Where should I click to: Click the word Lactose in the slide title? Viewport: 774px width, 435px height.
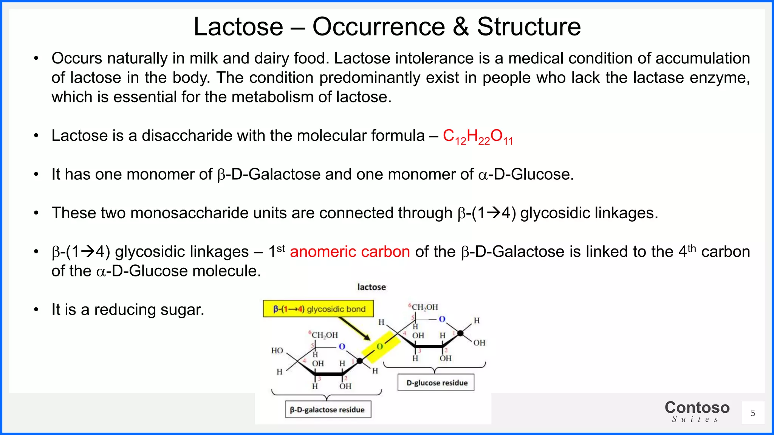(x=238, y=27)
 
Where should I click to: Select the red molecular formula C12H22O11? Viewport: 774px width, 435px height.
(x=478, y=136)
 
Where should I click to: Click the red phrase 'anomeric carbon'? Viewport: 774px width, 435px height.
(x=350, y=251)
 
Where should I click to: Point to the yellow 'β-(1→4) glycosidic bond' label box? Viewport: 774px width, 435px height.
(x=318, y=309)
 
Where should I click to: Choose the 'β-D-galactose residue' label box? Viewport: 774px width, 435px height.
(x=327, y=410)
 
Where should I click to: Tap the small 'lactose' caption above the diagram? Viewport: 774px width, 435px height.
(x=372, y=287)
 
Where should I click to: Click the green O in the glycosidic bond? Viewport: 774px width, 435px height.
(x=380, y=346)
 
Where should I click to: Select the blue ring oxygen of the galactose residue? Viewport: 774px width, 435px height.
(x=342, y=346)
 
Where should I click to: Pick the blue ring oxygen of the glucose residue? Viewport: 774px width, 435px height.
(x=442, y=319)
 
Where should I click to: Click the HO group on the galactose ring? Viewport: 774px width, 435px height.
(x=277, y=350)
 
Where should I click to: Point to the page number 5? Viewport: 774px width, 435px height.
(x=753, y=413)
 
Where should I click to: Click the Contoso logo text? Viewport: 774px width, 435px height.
(x=697, y=408)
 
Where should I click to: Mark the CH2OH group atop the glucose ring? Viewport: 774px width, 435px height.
(x=424, y=307)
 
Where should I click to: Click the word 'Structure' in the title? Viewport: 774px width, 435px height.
(x=529, y=27)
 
